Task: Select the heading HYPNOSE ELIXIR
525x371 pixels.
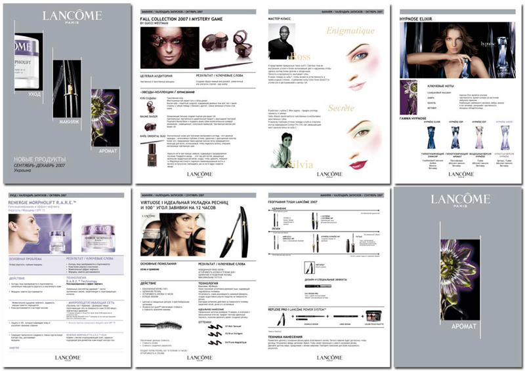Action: coord(417,19)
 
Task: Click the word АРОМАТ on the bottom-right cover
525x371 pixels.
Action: coord(457,326)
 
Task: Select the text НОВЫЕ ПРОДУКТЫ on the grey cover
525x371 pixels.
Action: coord(40,159)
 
